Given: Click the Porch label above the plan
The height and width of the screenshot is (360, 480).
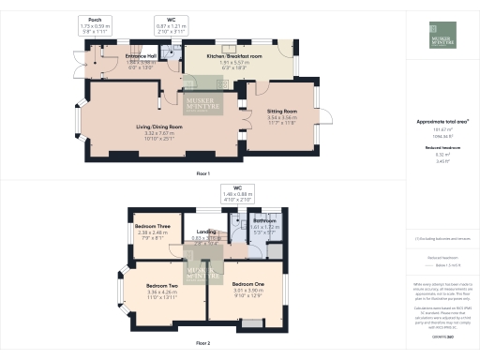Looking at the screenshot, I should (x=94, y=18).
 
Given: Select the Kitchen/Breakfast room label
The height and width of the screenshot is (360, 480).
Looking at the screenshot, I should (x=234, y=56).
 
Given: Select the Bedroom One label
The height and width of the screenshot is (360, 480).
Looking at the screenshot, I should (x=249, y=283).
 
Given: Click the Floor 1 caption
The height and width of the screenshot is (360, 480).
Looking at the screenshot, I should (x=202, y=173).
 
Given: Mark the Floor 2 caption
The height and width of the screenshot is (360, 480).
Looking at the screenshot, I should (x=202, y=344).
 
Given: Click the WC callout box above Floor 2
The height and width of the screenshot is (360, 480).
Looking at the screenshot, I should (x=232, y=194).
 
